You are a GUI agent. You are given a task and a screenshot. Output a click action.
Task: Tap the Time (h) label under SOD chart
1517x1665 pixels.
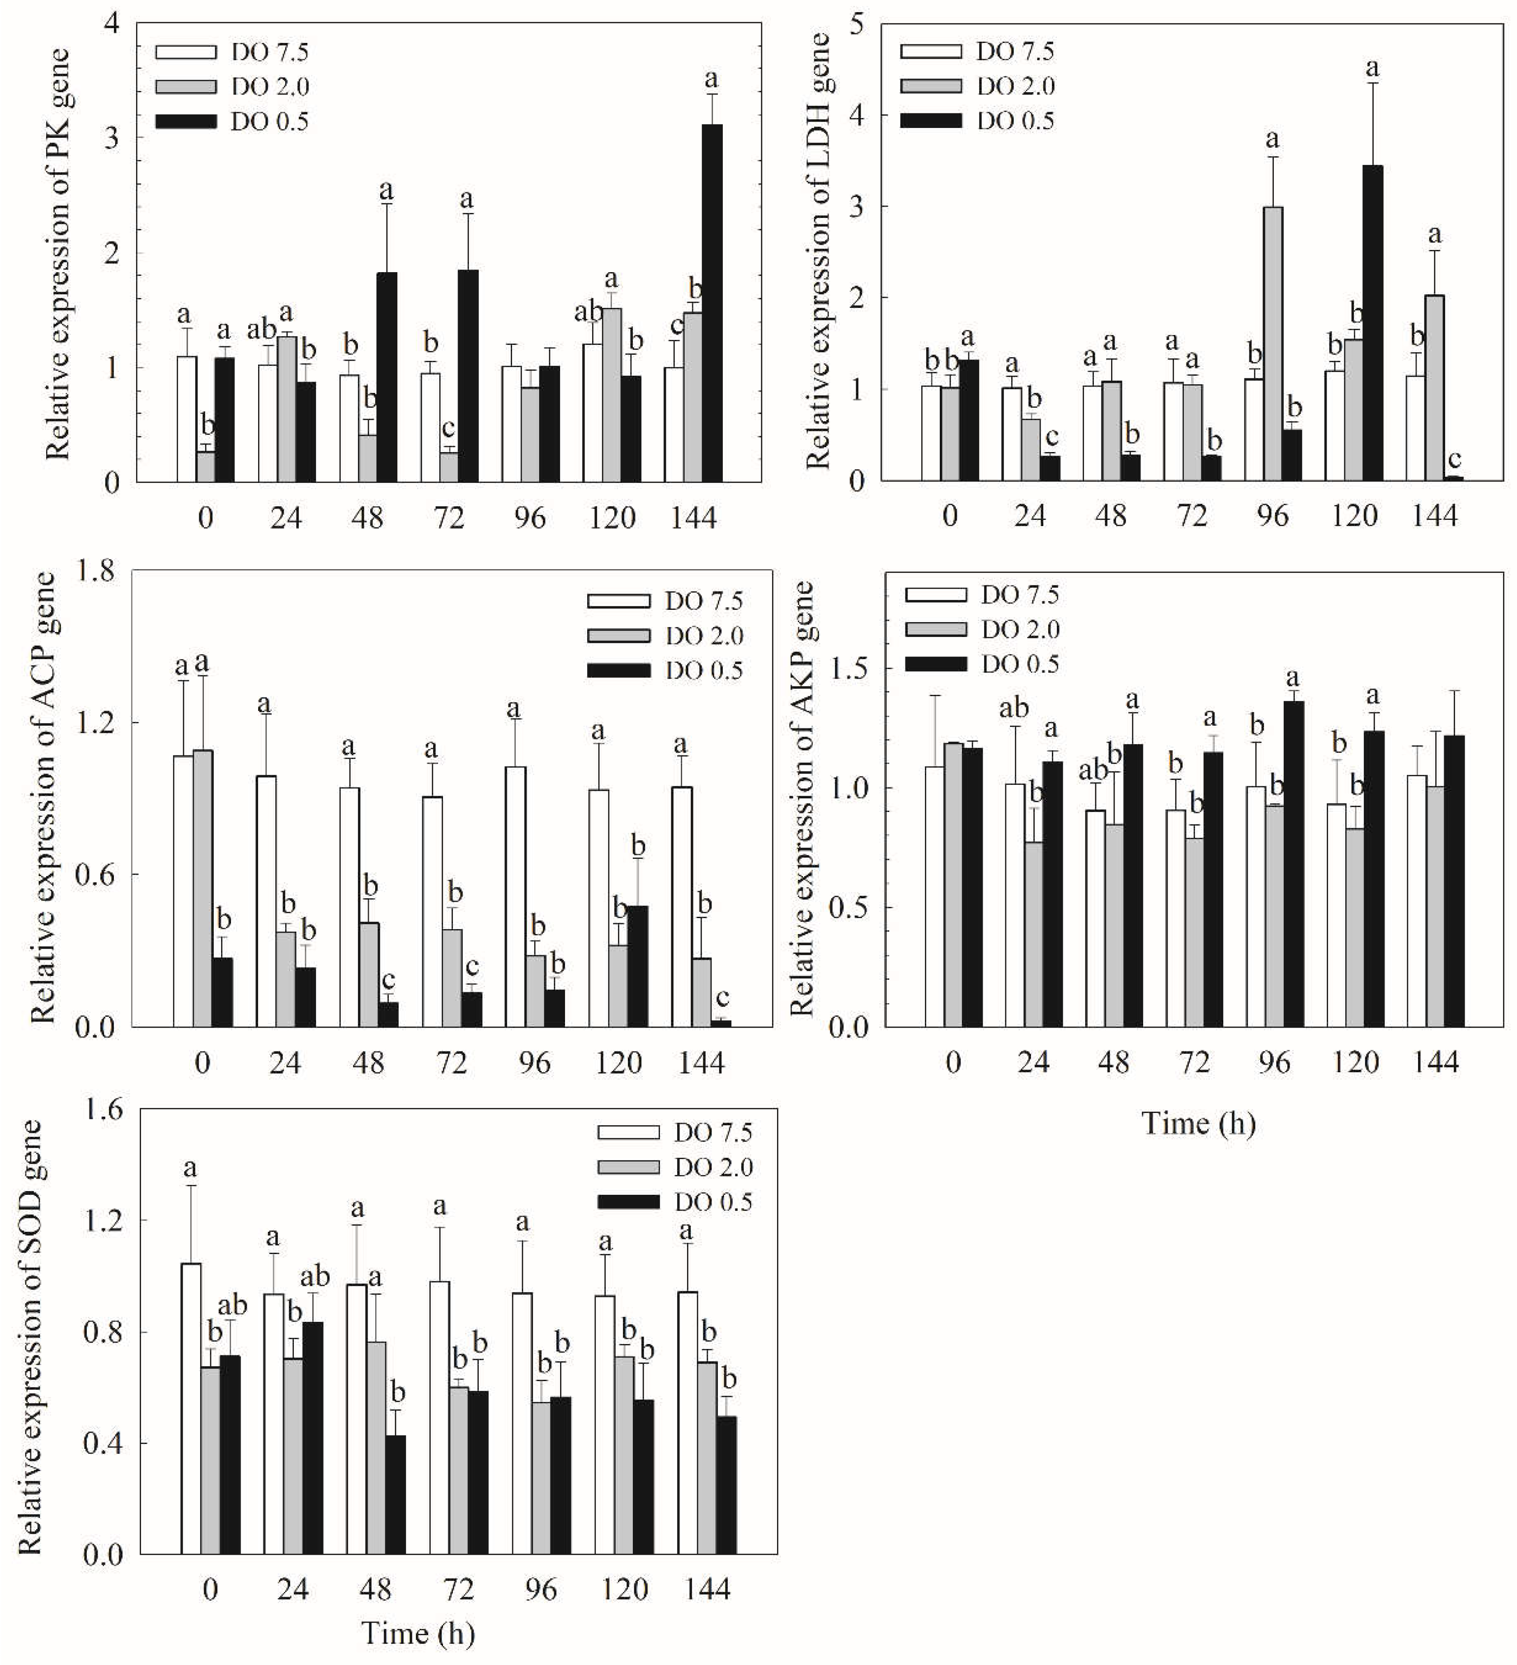[x=418, y=1633]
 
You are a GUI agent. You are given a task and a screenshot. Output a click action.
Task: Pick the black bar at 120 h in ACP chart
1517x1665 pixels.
[x=637, y=966]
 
